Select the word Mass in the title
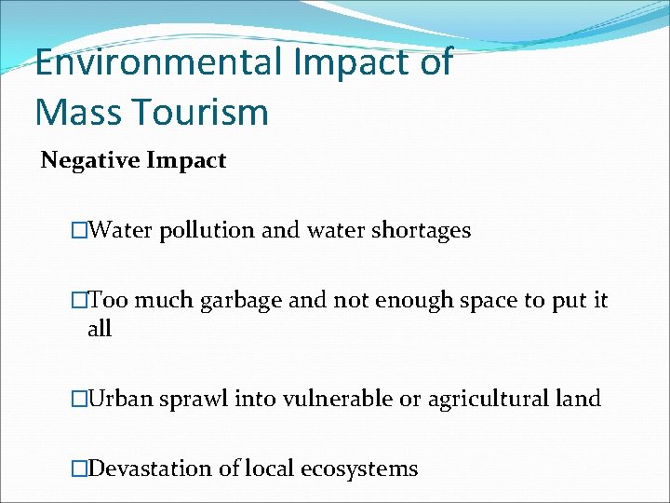[75, 113]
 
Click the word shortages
[421, 230]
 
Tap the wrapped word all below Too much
[99, 329]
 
